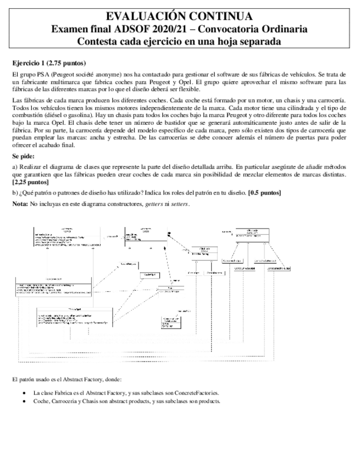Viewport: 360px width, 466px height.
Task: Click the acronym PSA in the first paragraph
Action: [42, 74]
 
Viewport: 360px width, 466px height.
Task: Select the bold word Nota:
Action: [20, 204]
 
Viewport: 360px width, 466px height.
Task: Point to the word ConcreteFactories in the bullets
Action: [197, 393]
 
